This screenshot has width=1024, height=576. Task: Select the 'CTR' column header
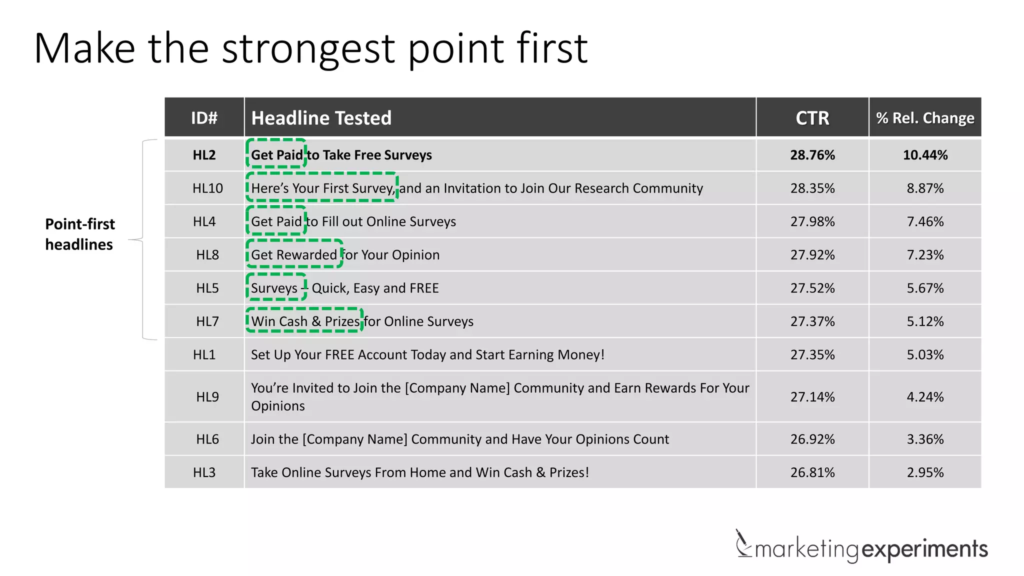812,118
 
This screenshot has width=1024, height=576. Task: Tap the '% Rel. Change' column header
925,118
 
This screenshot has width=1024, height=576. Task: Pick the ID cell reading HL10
207,188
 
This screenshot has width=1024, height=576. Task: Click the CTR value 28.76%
812,155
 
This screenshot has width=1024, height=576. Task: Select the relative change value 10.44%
925,155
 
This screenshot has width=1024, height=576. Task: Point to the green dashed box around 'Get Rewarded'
294,254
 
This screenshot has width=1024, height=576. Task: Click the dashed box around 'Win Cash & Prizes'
304,320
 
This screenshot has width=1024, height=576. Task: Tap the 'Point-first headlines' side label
80,234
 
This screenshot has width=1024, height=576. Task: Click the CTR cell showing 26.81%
812,472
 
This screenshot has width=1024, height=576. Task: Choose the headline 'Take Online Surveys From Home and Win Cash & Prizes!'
419,472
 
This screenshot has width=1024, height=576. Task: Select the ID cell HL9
207,397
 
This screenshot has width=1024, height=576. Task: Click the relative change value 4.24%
925,397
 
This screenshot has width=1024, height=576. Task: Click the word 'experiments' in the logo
924,549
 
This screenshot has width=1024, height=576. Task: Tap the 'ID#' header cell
204,118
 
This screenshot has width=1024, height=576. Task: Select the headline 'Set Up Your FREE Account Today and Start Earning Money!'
427,355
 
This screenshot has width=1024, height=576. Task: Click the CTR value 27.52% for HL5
812,288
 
